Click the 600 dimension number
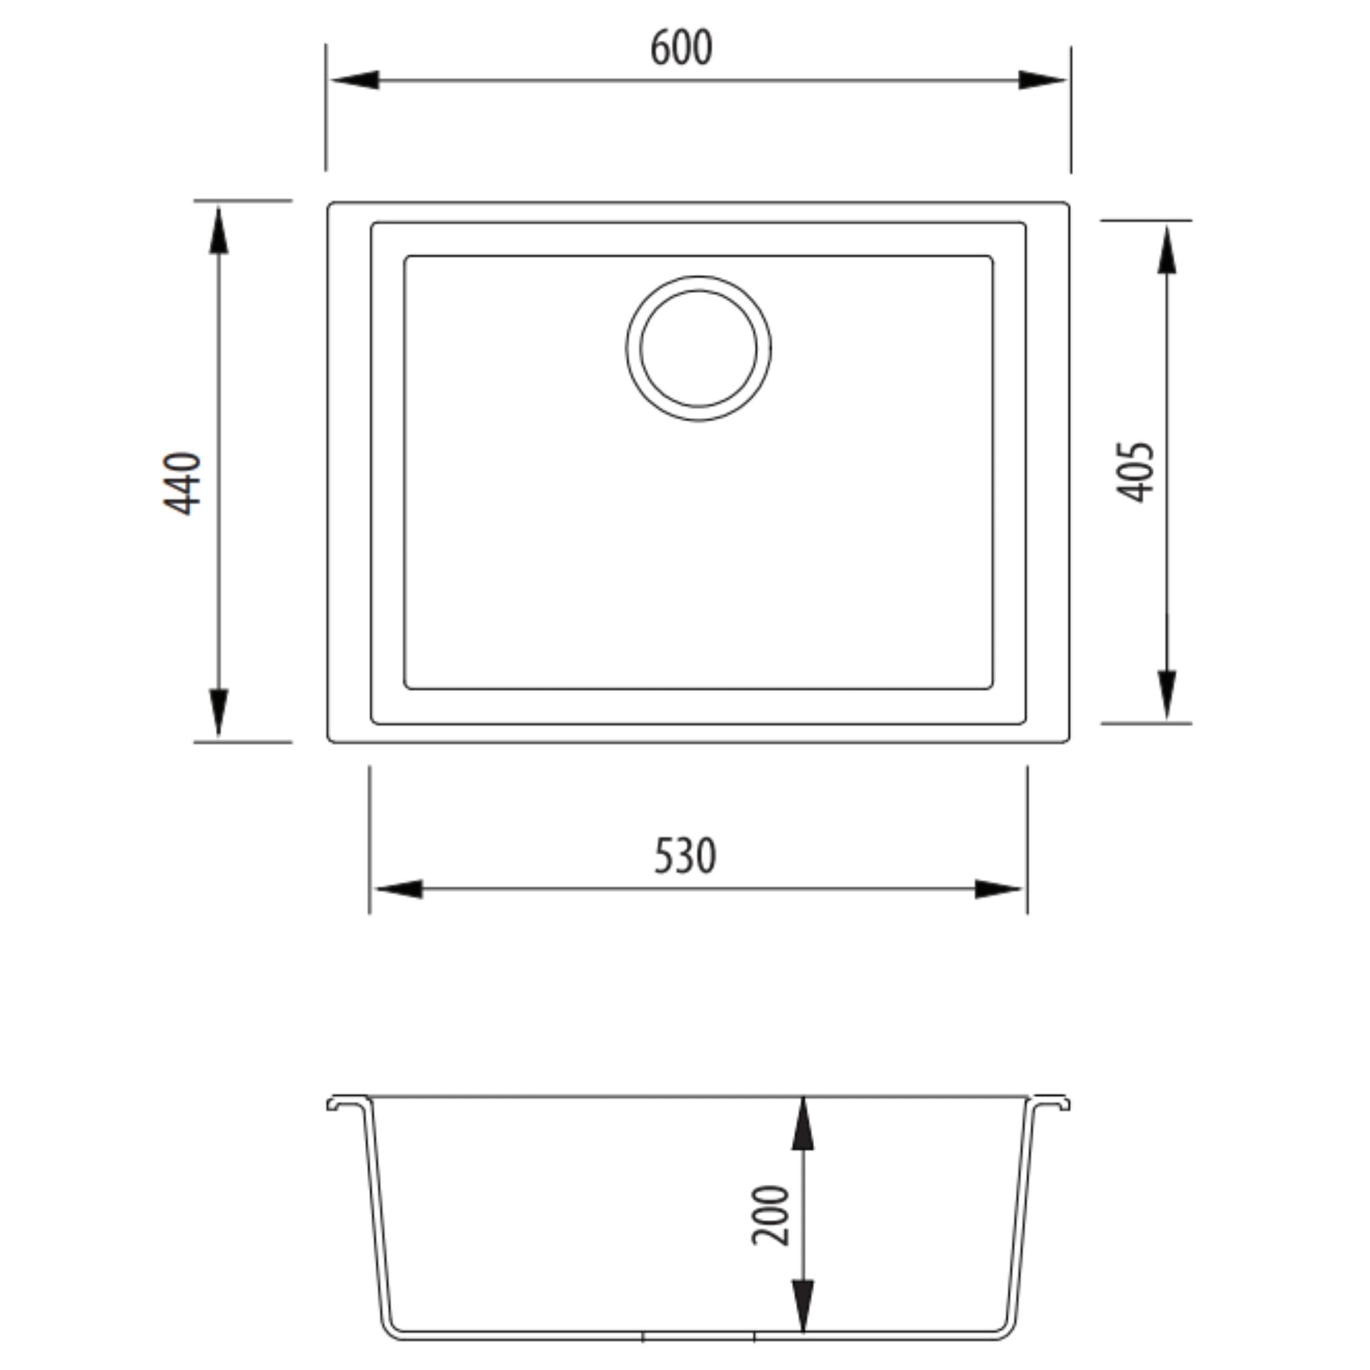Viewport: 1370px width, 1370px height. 681,48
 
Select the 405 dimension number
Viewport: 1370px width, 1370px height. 1135,472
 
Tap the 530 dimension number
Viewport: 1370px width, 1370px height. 684,856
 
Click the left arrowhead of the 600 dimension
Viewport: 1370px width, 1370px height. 355,80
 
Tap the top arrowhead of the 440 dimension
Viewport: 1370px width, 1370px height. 218,231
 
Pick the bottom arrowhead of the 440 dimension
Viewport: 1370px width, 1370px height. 218,712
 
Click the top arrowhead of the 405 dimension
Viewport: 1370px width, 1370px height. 1167,250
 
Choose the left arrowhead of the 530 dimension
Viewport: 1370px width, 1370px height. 398,889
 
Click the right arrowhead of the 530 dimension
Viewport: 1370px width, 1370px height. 999,889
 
